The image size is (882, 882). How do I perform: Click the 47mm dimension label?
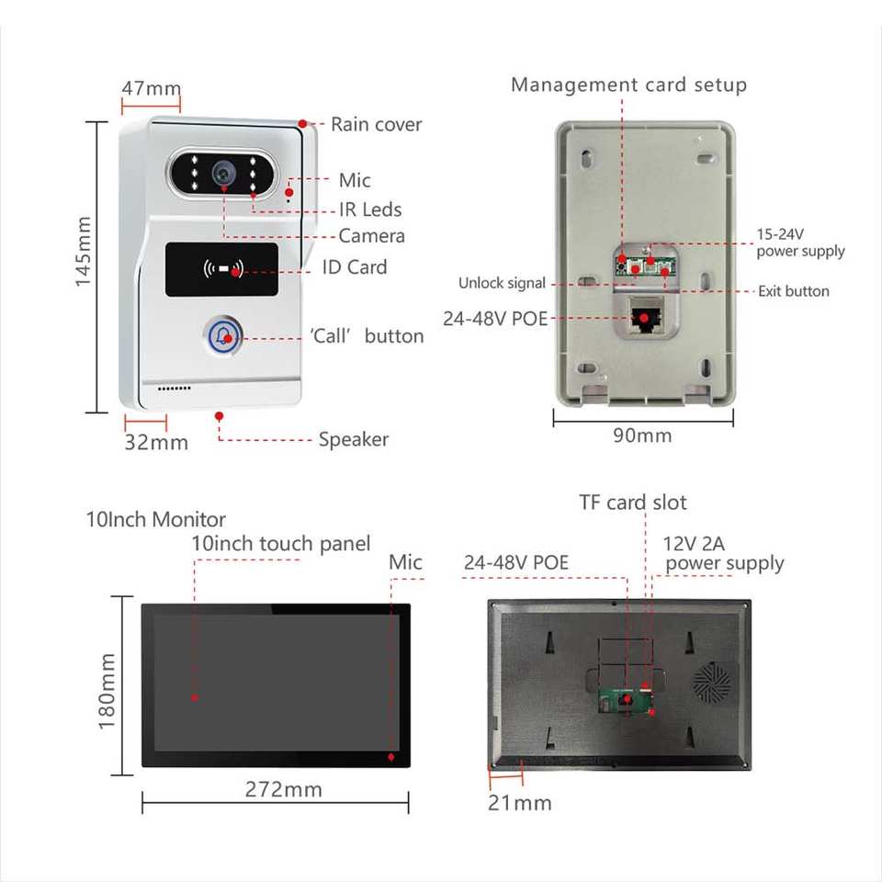click(x=152, y=89)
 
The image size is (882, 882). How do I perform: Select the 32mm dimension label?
click(x=156, y=442)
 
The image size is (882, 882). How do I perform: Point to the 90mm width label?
click(x=642, y=435)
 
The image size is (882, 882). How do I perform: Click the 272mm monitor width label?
click(x=284, y=789)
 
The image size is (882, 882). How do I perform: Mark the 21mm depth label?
click(x=520, y=803)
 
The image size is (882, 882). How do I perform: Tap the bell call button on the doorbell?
click(x=223, y=337)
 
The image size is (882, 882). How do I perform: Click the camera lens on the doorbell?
click(x=222, y=172)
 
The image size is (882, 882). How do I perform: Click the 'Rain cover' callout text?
click(x=376, y=124)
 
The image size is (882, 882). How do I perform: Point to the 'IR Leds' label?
click(x=369, y=209)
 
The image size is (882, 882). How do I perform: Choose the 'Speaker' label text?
click(x=354, y=439)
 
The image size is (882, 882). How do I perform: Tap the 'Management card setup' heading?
click(x=628, y=85)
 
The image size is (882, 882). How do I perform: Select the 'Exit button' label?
click(x=793, y=291)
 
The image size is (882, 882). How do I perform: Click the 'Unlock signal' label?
click(x=502, y=283)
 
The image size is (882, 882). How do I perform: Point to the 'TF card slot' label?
click(x=632, y=503)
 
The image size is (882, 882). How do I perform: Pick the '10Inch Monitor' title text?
click(x=155, y=519)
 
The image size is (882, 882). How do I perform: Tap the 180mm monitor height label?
click(x=107, y=692)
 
